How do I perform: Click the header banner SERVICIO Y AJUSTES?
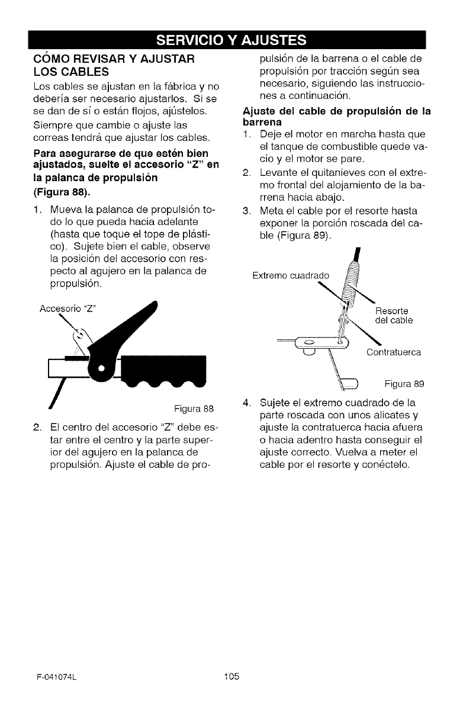(231, 40)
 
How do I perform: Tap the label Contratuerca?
(394, 353)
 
